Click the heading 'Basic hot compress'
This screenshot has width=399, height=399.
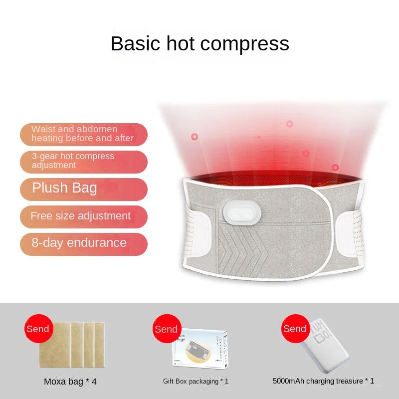click(200, 44)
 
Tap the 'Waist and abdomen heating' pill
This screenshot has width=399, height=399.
click(84, 134)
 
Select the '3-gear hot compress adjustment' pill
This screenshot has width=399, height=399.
click(84, 162)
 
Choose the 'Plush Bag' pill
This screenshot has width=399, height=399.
click(84, 190)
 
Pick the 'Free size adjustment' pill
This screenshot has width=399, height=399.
click(84, 217)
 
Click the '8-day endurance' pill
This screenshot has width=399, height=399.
click(84, 244)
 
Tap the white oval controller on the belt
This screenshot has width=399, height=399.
click(242, 213)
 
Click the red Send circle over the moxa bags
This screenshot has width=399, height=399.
click(39, 329)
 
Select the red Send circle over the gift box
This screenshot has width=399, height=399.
click(167, 329)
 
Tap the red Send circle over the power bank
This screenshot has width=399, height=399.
click(295, 329)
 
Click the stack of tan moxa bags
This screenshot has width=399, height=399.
click(72, 345)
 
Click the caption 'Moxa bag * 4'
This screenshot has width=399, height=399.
click(70, 382)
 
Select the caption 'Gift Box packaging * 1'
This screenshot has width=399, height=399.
click(196, 381)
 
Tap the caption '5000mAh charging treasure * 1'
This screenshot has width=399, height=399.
click(323, 381)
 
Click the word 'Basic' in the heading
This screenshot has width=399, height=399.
click(135, 44)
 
